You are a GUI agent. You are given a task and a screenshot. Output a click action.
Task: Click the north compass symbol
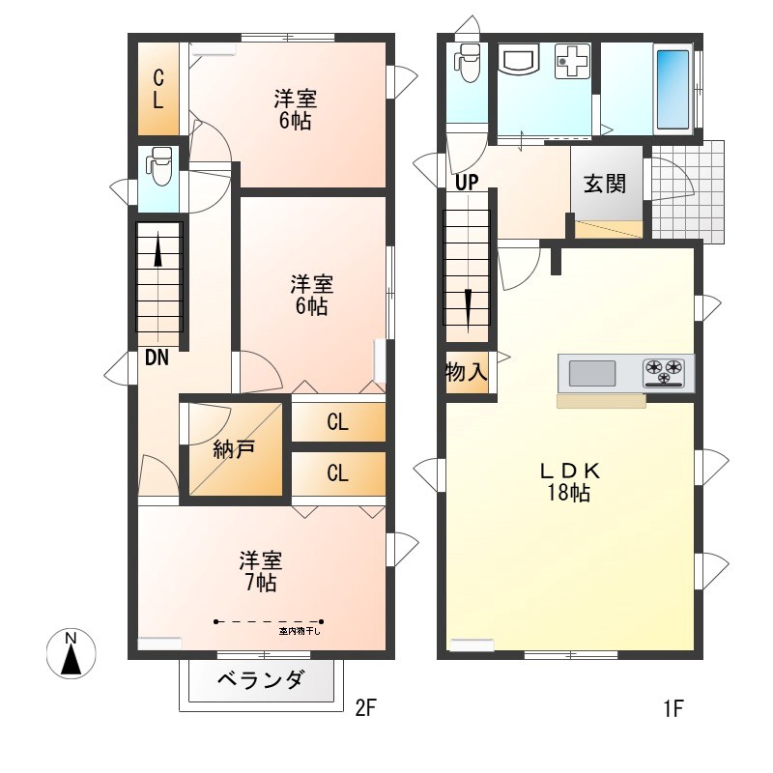[70, 654]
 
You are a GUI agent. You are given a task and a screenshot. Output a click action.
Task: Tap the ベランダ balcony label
[262, 681]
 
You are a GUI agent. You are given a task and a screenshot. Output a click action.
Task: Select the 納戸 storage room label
[234, 450]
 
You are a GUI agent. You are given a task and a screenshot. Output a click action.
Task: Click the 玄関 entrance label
[605, 184]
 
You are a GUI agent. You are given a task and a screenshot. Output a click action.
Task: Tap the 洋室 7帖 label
[260, 571]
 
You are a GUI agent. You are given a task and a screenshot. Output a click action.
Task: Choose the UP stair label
[467, 181]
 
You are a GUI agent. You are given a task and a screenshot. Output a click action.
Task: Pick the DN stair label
[157, 358]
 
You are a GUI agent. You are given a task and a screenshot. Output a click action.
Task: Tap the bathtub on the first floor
[673, 90]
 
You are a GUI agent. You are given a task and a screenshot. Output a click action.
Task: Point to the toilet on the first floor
[470, 65]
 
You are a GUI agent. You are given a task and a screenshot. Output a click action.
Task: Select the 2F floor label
[365, 709]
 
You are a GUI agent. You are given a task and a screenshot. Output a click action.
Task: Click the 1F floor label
[673, 709]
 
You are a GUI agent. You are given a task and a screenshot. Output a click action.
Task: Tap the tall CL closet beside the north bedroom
[158, 88]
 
